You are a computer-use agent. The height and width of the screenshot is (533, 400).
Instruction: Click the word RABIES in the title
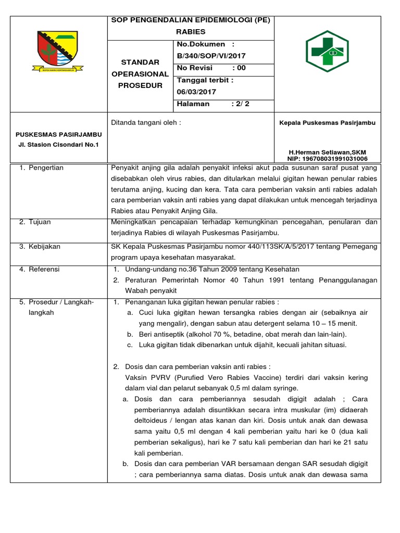(x=191, y=32)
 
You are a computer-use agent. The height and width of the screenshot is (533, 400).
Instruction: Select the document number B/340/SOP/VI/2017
(x=211, y=56)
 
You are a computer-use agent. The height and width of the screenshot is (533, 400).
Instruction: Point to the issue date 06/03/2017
(x=197, y=92)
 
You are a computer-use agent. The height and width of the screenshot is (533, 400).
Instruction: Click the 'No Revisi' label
(x=194, y=68)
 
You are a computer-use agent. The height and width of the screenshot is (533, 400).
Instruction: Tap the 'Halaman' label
(x=193, y=104)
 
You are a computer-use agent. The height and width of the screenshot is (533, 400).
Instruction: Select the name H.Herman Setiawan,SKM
(x=327, y=152)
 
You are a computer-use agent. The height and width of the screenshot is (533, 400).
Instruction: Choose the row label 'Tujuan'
(x=40, y=222)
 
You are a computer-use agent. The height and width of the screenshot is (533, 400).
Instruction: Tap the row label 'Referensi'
(x=44, y=269)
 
